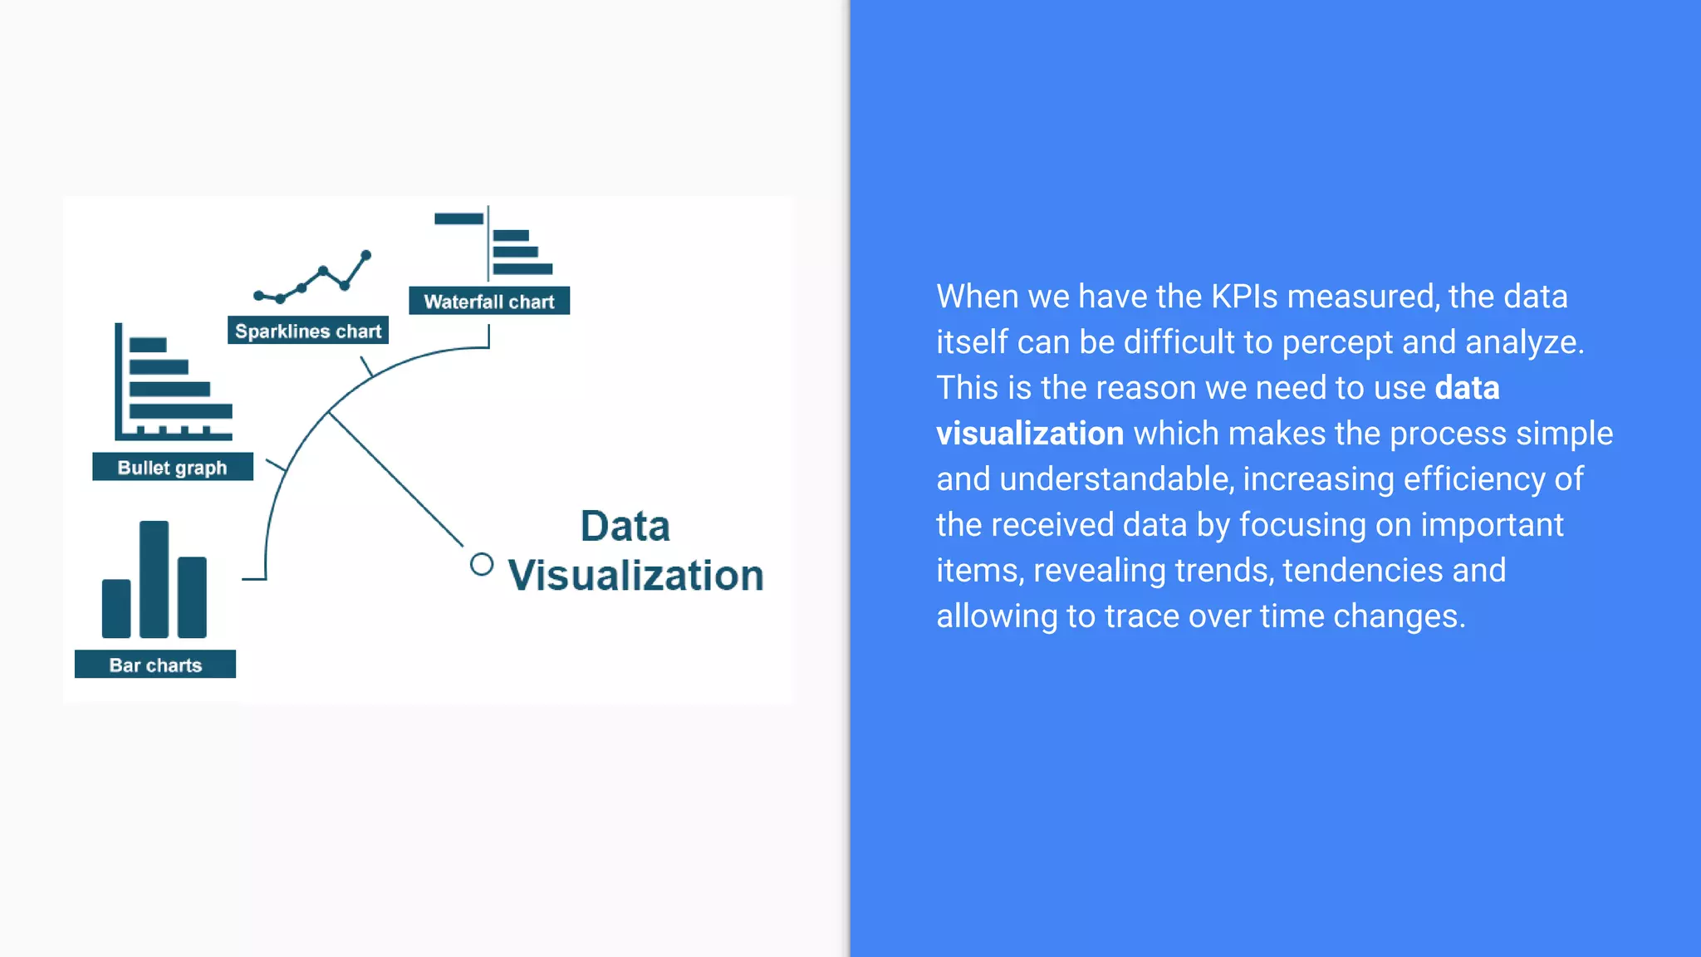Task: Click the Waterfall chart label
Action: pyautogui.click(x=489, y=301)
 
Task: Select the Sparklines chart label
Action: pyautogui.click(x=308, y=331)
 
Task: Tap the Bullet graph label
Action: pyautogui.click(x=172, y=467)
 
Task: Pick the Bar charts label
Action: pyautogui.click(x=155, y=665)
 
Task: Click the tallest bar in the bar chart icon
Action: pyautogui.click(x=154, y=579)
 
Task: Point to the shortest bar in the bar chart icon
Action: pyautogui.click(x=116, y=608)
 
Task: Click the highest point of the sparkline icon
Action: pyautogui.click(x=365, y=255)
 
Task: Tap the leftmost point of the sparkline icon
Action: pyautogui.click(x=258, y=295)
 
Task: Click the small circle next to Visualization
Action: pyautogui.click(x=481, y=564)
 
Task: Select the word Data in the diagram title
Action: pyautogui.click(x=625, y=526)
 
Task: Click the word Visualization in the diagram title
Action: pyautogui.click(x=635, y=575)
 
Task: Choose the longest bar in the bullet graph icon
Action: pyautogui.click(x=181, y=410)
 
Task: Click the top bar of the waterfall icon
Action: pyautogui.click(x=458, y=218)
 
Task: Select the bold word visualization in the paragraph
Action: pyautogui.click(x=1030, y=434)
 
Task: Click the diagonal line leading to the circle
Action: pyautogui.click(x=397, y=480)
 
